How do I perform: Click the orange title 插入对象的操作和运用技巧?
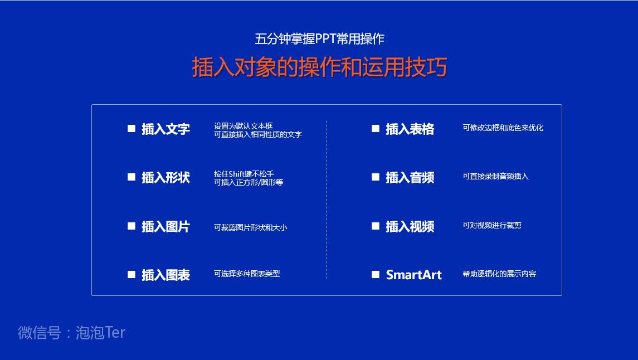(319, 67)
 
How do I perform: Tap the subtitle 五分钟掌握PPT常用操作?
(319, 39)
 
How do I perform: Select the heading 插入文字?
(165, 129)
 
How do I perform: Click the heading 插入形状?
(165, 178)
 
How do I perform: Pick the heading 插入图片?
(165, 227)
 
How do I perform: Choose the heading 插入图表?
(165, 275)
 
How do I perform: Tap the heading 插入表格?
(410, 129)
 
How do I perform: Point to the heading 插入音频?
(410, 178)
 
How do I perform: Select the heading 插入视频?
(410, 227)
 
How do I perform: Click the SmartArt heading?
(413, 275)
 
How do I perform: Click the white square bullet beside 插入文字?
(132, 129)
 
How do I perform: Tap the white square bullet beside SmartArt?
(376, 275)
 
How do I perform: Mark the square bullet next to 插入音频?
(376, 177)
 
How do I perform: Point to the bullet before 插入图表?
(132, 275)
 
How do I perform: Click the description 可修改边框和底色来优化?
(503, 128)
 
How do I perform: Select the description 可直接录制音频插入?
(495, 176)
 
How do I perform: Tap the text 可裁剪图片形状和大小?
(250, 227)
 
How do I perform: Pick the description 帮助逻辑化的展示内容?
(499, 274)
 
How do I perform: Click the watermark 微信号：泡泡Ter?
(71, 333)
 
